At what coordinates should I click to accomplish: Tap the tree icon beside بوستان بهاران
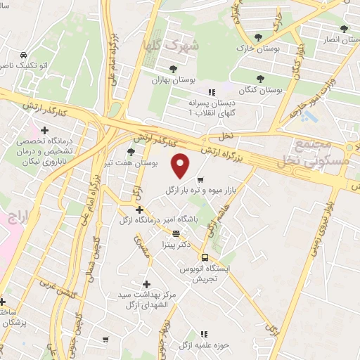(172, 68)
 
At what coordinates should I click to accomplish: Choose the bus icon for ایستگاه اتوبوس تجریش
(205, 257)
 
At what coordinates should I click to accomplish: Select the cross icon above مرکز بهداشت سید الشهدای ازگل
(146, 284)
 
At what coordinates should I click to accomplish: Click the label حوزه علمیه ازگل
(204, 345)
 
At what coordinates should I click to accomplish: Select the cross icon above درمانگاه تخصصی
(45, 130)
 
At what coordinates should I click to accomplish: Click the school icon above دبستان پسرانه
(210, 91)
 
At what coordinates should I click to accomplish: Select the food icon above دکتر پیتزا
(175, 233)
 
